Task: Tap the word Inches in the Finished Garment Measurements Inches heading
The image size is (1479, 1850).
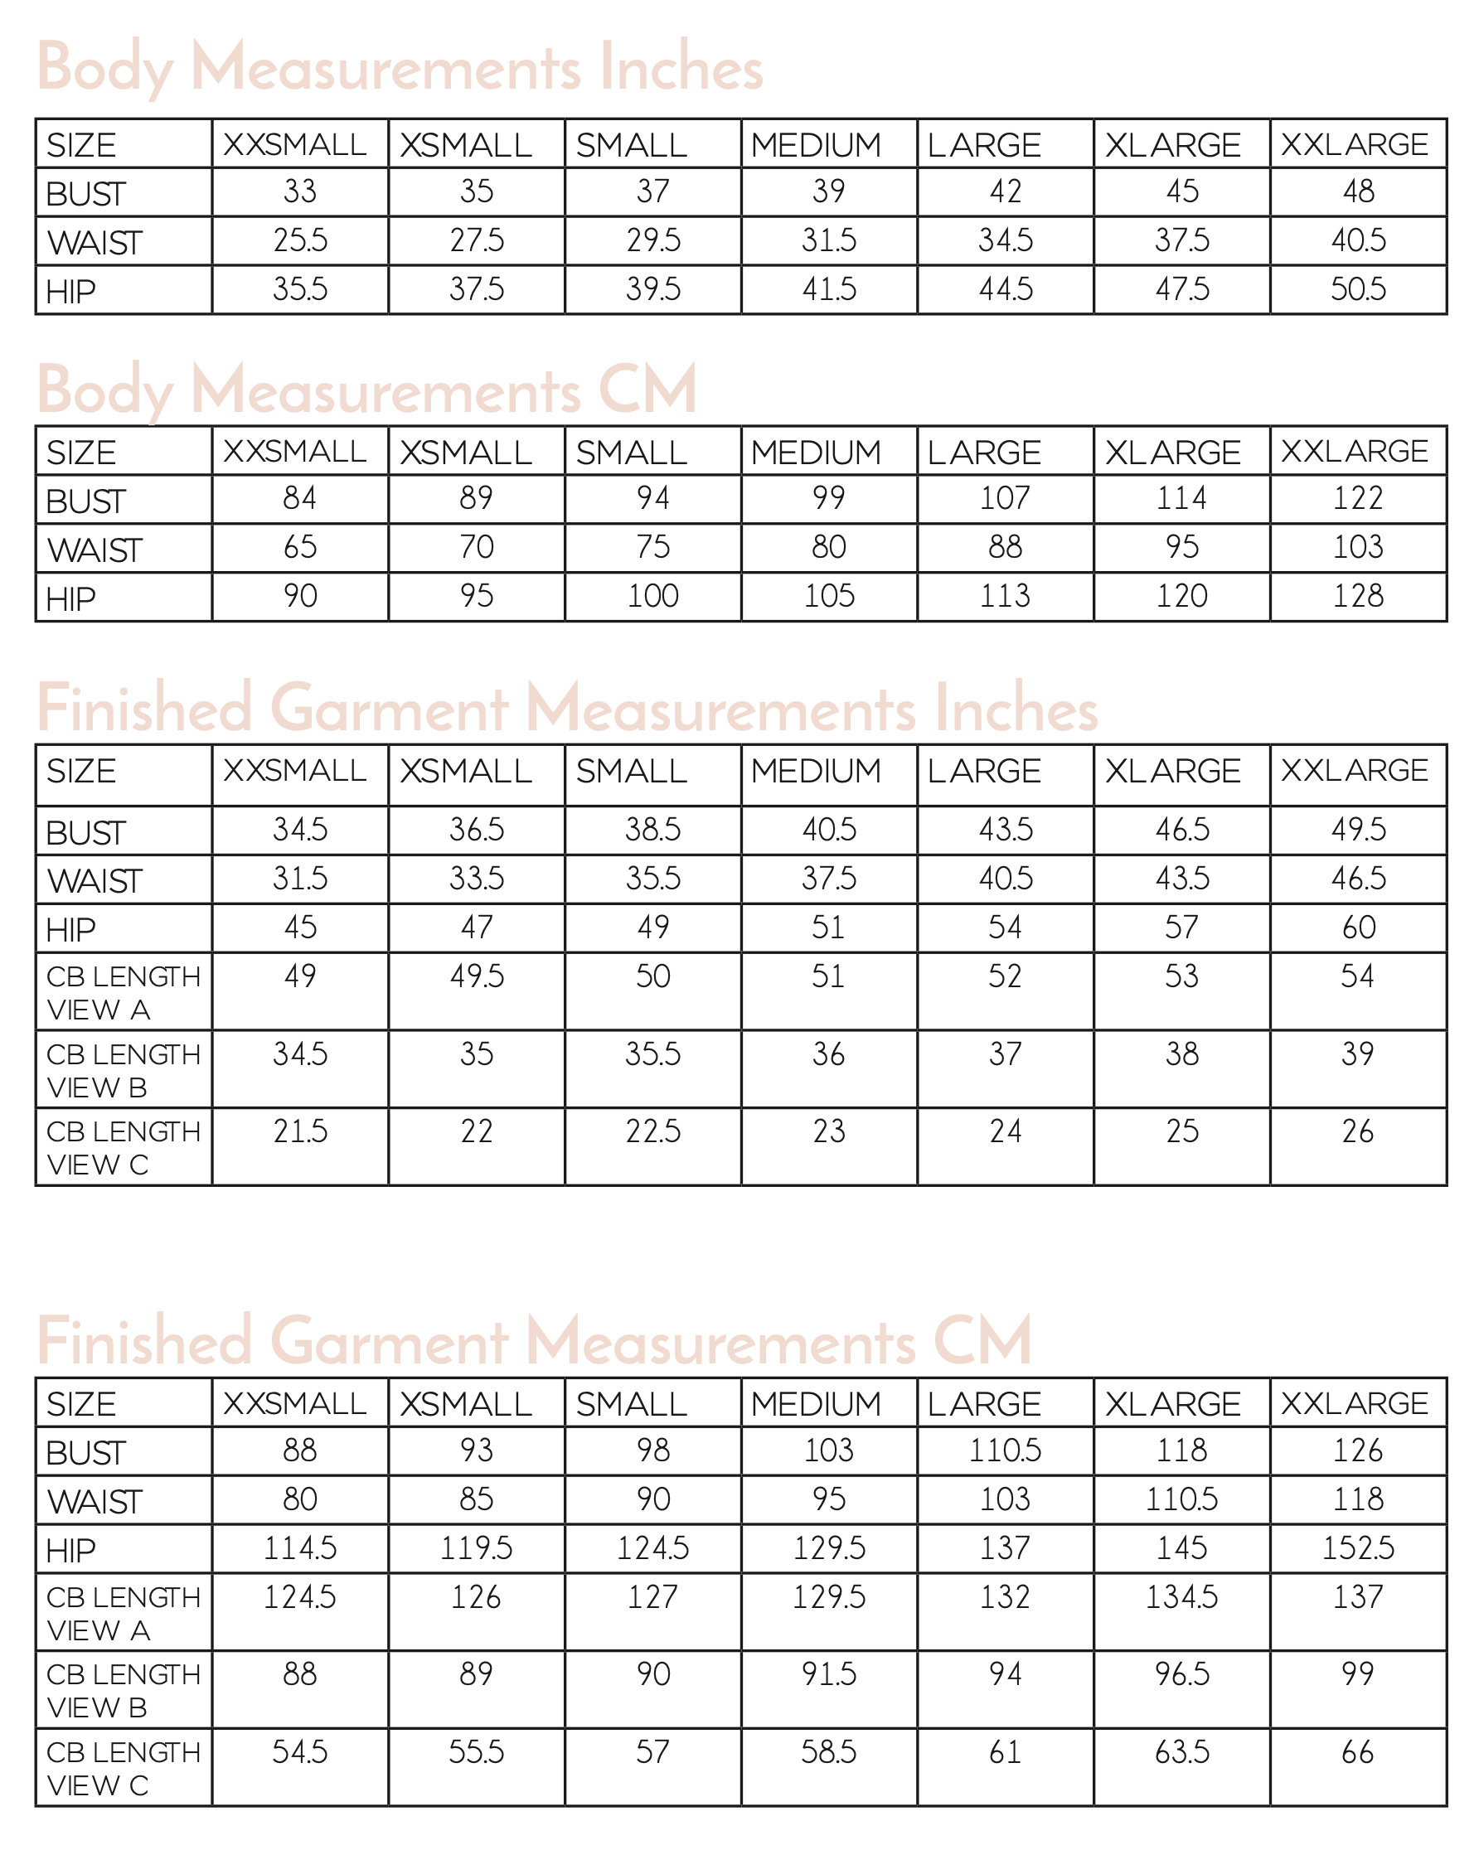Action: [x=1016, y=709]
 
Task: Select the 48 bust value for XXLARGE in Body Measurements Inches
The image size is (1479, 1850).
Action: [x=1358, y=191]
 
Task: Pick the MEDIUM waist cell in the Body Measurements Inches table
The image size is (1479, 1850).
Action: [x=828, y=240]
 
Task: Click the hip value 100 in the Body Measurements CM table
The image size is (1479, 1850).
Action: [x=652, y=596]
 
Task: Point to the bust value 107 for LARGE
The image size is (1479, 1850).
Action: [x=1004, y=498]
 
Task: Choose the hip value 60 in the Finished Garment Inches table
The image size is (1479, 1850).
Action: [x=1358, y=927]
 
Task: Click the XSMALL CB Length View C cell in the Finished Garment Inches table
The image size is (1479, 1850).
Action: [x=477, y=1131]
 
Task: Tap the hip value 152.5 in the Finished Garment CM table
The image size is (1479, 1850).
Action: [x=1358, y=1548]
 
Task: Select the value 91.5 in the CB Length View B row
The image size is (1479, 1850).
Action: [x=828, y=1674]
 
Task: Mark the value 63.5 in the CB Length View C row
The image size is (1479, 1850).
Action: [x=1181, y=1752]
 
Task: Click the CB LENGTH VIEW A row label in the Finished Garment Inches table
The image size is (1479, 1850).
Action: [x=123, y=992]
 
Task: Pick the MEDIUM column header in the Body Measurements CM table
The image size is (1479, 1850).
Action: [x=816, y=453]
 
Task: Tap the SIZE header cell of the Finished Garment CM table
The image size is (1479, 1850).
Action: [x=81, y=1405]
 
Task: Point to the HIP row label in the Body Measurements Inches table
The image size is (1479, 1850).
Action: [x=71, y=292]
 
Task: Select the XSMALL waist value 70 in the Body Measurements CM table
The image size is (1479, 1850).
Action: [x=477, y=547]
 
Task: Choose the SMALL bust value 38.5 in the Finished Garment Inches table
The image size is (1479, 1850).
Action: [x=652, y=830]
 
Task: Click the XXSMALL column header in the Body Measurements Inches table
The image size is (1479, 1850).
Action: [x=294, y=145]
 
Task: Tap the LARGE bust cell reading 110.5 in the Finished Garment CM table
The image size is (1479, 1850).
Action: [x=1004, y=1451]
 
